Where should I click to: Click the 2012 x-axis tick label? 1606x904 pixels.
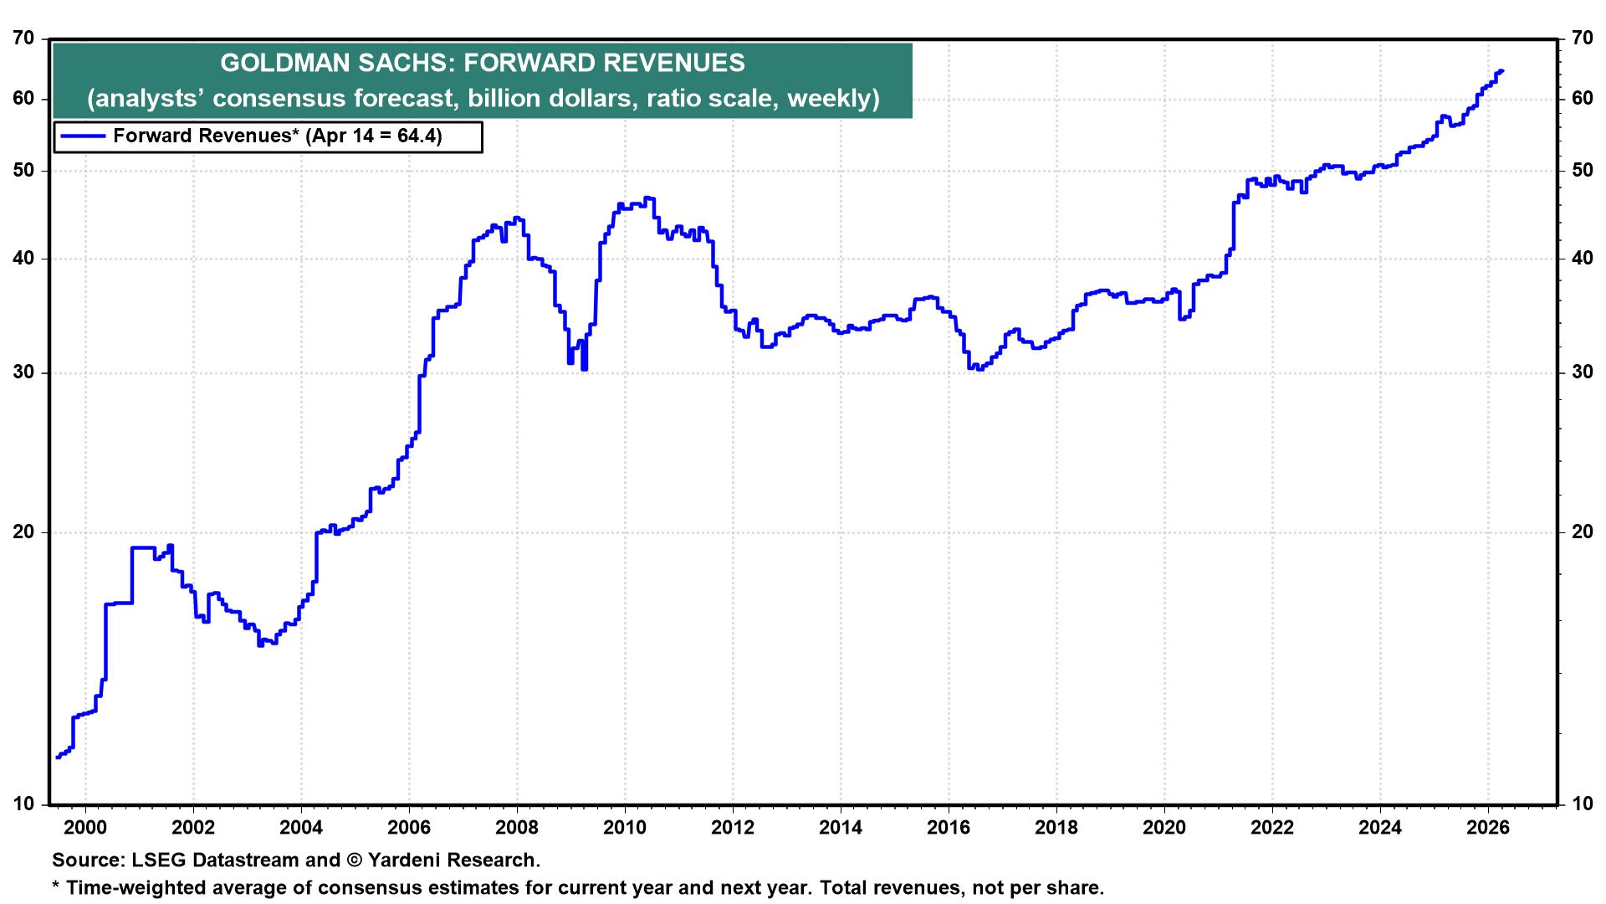coord(733,828)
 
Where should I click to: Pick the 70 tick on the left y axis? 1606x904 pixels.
coord(25,39)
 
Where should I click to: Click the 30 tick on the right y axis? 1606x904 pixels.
coord(1582,372)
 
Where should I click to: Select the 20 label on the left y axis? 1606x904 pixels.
coord(25,532)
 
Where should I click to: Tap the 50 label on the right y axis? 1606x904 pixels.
coord(1582,171)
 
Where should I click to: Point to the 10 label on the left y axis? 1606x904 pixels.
coord(25,804)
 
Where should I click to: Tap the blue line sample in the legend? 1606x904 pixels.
coord(82,136)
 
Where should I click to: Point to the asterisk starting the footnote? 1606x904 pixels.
coord(56,886)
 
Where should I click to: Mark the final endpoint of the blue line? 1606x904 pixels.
coord(1503,71)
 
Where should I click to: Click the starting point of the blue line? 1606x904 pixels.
coord(57,758)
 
